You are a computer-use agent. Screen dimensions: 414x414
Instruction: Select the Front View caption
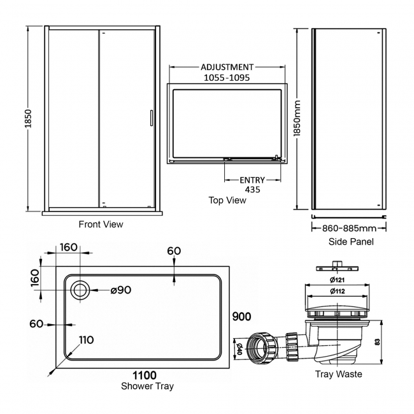101,224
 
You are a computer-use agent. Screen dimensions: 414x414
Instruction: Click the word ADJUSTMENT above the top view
227,67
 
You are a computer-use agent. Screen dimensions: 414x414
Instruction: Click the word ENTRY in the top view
253,180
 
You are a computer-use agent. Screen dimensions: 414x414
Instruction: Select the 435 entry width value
253,190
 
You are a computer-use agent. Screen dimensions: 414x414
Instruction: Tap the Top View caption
227,200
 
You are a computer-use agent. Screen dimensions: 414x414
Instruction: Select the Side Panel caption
351,241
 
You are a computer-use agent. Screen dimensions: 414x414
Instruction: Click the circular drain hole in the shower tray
80,290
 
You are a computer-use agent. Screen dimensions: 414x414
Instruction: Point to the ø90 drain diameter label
120,290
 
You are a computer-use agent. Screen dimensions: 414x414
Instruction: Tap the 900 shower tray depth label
241,317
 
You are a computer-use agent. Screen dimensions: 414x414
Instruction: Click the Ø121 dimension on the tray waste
338,281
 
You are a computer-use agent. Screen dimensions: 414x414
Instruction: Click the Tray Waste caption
338,374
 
